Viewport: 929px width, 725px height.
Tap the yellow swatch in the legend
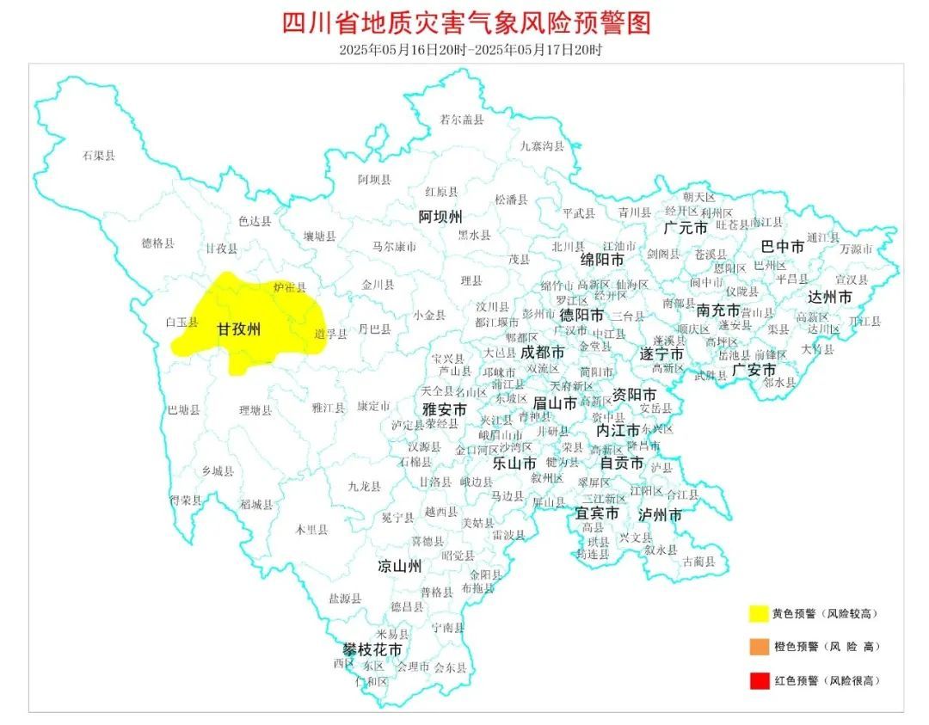tap(758, 613)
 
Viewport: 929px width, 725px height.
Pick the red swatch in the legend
tap(758, 680)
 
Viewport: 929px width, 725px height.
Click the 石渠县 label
tap(99, 156)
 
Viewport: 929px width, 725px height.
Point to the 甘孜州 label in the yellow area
tap(238, 329)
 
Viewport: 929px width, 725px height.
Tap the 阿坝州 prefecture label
tap(440, 215)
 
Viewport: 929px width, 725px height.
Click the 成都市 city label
tap(543, 353)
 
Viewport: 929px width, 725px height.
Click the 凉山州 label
tap(400, 567)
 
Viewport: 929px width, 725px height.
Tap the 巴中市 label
tap(783, 247)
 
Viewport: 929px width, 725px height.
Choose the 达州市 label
tap(830, 297)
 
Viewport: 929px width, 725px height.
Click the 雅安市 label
tap(444, 409)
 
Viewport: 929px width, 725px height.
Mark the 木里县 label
tap(311, 530)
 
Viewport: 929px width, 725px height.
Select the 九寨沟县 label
tap(542, 145)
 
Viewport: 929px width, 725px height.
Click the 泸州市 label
tap(660, 514)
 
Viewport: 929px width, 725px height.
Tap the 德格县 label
tap(157, 243)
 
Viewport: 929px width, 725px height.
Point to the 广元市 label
tap(686, 228)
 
